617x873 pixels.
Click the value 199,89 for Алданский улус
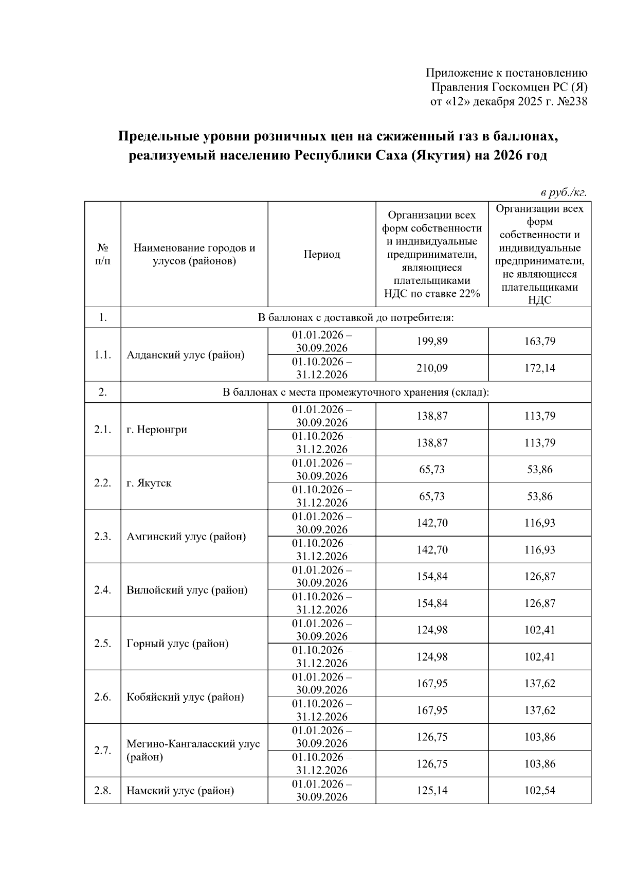pos(432,341)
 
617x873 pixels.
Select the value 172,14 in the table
pos(539,368)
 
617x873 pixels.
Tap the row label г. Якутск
pos(149,483)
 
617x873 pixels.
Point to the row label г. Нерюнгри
pos(157,430)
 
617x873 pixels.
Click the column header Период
pos(321,255)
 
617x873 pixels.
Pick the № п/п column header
pos(102,255)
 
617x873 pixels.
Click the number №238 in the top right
pos(572,102)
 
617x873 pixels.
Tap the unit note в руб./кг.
pos(563,193)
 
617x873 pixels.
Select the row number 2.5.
pos(102,644)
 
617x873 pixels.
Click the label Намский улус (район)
pos(180,791)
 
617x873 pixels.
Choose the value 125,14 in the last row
pos(432,791)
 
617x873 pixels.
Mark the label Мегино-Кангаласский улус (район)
pos(193,750)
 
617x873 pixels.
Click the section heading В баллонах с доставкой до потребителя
pos(355,317)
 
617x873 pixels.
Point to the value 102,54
pos(539,791)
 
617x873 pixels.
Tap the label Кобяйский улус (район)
pos(185,697)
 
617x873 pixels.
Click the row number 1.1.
pos(102,355)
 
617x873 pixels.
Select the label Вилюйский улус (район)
pos(187,590)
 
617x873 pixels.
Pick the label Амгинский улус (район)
pos(186,537)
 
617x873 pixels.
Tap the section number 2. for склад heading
pos(102,392)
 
